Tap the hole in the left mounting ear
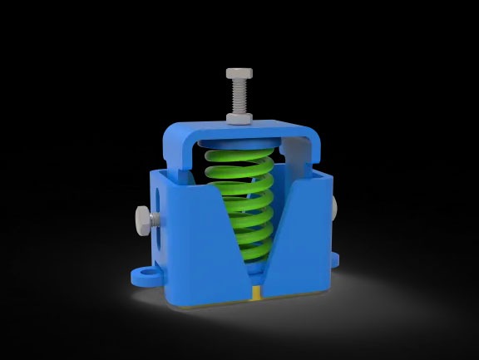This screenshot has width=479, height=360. (147, 271)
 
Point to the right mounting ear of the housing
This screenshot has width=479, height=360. (336, 261)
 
